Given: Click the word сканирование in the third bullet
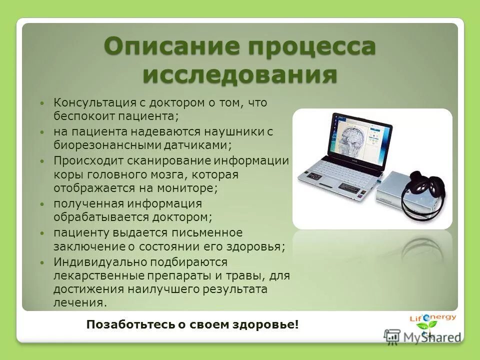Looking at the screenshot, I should pos(173,161).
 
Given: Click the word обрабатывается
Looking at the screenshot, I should pos(94,217).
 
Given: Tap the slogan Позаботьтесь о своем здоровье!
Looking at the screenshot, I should pos(192,324).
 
